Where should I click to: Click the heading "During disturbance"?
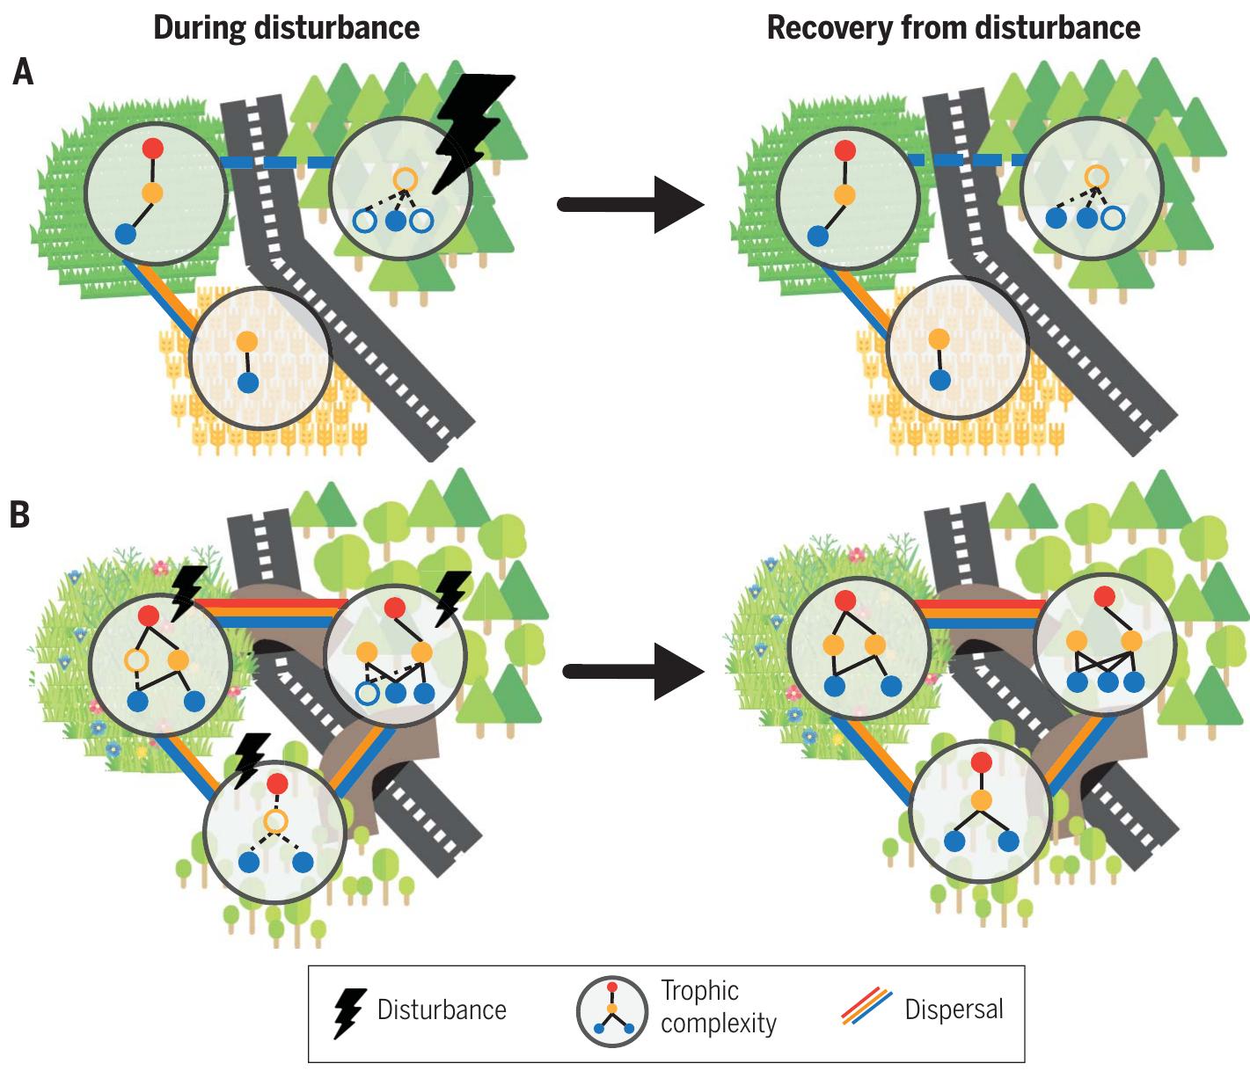pyautogui.click(x=286, y=28)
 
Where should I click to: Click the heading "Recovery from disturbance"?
pyautogui.click(x=953, y=28)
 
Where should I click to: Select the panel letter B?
pyautogui.click(x=19, y=515)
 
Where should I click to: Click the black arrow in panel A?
pyautogui.click(x=631, y=205)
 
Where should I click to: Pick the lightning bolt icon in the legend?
pyautogui.click(x=350, y=1013)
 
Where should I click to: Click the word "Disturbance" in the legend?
pyautogui.click(x=442, y=1009)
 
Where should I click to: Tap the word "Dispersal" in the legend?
pyautogui.click(x=954, y=1009)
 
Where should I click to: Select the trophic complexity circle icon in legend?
pyautogui.click(x=611, y=1011)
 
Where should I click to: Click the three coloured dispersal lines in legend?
pyautogui.click(x=866, y=1008)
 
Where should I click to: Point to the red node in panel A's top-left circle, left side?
pyautogui.click(x=153, y=148)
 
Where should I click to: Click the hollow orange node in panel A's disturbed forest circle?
pyautogui.click(x=404, y=179)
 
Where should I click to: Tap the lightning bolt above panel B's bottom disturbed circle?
pyautogui.click(x=250, y=757)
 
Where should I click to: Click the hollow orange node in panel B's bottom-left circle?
pyautogui.click(x=275, y=821)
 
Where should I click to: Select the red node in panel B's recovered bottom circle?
pyautogui.click(x=981, y=762)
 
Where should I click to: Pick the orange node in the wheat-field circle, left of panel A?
pyautogui.click(x=247, y=341)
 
